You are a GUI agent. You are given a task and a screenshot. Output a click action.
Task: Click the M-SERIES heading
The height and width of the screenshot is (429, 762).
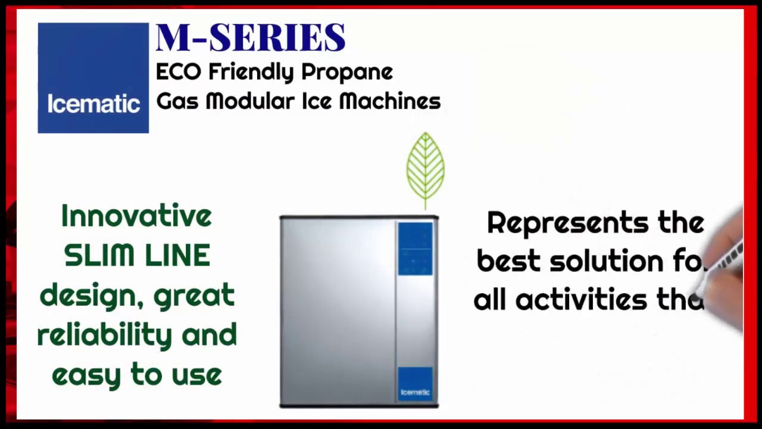(x=250, y=38)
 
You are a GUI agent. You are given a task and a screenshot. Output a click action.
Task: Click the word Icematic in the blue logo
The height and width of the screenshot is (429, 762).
(x=93, y=104)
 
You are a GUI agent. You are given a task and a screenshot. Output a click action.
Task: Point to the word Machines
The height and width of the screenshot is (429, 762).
(x=389, y=102)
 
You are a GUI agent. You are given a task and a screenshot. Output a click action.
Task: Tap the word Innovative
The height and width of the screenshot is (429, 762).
(x=136, y=216)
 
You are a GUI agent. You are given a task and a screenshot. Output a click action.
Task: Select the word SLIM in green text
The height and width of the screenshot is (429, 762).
(x=99, y=256)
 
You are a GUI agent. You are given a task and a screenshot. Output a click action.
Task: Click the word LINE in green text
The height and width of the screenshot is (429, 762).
(x=177, y=256)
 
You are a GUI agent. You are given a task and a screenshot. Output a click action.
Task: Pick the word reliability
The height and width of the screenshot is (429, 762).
(x=105, y=335)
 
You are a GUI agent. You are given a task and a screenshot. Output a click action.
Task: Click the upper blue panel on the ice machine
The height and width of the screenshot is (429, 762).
(x=415, y=249)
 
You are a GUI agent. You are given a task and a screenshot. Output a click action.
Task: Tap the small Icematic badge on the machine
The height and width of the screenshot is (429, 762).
(x=415, y=391)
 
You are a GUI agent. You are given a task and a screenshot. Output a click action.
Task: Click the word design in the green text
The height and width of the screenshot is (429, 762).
(x=91, y=296)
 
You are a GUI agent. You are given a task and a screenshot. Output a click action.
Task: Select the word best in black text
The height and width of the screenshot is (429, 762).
(x=509, y=262)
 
